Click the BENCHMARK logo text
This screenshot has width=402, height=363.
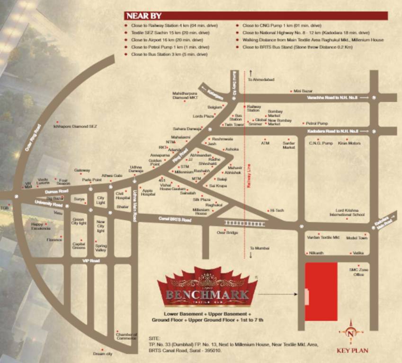[x=207, y=295]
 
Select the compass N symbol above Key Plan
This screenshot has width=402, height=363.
[x=350, y=332]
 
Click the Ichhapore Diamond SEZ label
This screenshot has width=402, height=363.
[x=76, y=127]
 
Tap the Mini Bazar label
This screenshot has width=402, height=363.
[x=303, y=91]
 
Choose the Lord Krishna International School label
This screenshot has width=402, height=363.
[x=350, y=212]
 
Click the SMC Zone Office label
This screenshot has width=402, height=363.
[x=357, y=272]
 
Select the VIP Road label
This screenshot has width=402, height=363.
[x=89, y=260]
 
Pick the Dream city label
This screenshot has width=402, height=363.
[x=102, y=354]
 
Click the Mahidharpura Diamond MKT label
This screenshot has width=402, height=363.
[x=185, y=95]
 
